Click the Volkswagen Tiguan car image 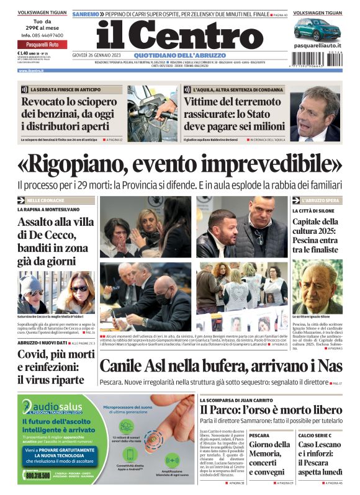coord(317,29)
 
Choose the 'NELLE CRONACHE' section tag coord(45,201)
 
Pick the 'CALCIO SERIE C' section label coord(314,435)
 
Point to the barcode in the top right coord(317,57)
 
